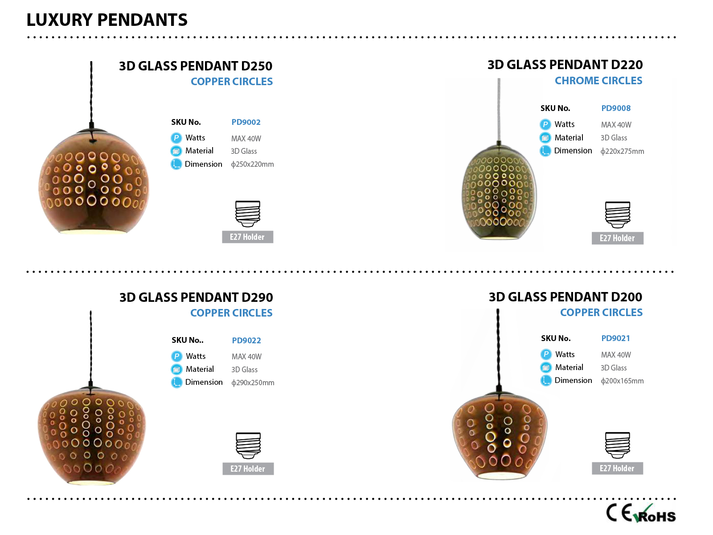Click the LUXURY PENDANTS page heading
click(107, 20)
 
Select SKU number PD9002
click(246, 122)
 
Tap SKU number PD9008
click(616, 108)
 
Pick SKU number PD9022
click(246, 341)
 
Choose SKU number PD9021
click(615, 338)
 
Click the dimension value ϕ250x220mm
click(252, 165)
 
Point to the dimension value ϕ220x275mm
click(623, 152)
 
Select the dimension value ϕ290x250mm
click(253, 383)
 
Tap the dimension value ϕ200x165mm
click(622, 381)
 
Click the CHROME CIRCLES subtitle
click(598, 81)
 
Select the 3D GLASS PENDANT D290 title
click(196, 297)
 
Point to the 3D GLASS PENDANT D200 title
click(565, 296)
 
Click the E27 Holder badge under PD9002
click(247, 237)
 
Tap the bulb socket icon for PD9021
click(618, 445)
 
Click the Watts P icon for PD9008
click(545, 124)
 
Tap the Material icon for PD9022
click(176, 369)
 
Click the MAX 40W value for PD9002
click(246, 139)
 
